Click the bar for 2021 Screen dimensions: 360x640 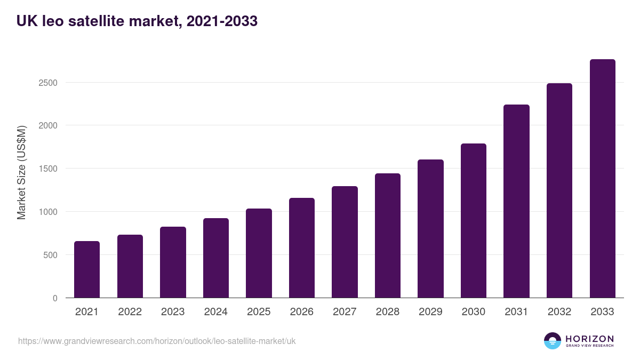click(x=87, y=269)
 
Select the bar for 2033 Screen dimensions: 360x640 click(x=602, y=179)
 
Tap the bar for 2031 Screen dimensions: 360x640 click(x=516, y=201)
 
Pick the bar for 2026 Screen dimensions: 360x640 click(x=302, y=248)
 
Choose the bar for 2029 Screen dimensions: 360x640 click(x=430, y=229)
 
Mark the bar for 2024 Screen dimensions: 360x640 click(x=216, y=258)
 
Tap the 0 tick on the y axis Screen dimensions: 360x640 click(x=55, y=298)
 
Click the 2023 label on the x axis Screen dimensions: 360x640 click(x=173, y=312)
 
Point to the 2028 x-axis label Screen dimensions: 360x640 click(x=387, y=312)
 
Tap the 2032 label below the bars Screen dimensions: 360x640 click(x=559, y=312)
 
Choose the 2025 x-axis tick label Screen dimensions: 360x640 click(x=259, y=312)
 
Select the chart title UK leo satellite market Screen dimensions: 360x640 click(x=137, y=21)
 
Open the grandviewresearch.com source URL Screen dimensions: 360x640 click(x=157, y=341)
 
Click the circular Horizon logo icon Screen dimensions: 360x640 click(x=553, y=341)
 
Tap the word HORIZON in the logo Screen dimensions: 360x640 click(x=589, y=338)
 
